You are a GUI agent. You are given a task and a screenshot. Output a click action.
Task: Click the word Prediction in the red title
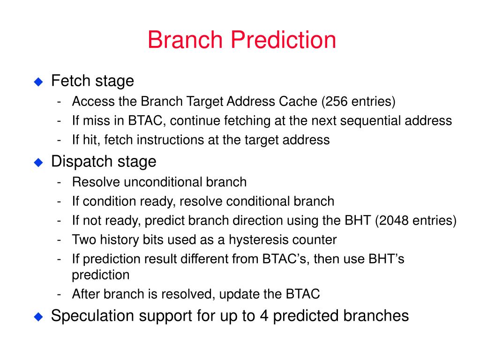coord(283,39)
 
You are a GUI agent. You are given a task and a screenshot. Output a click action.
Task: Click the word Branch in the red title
coord(185,39)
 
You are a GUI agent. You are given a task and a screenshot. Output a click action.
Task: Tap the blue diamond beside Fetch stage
coord(38,82)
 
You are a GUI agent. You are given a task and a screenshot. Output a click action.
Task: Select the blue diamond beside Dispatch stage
coord(38,162)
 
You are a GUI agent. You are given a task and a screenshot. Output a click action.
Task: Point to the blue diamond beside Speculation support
coord(38,316)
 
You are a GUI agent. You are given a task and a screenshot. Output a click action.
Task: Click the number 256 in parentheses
coord(337,101)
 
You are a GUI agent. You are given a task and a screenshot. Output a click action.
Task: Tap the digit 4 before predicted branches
coord(264,315)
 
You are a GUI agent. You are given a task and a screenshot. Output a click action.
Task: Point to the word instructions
coord(170,140)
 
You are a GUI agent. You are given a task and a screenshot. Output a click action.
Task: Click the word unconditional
coord(165,182)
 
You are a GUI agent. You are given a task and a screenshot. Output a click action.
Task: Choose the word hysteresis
coord(259,240)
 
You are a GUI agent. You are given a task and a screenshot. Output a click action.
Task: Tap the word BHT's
coord(386,259)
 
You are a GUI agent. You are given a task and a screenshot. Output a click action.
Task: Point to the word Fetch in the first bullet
coord(71,81)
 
